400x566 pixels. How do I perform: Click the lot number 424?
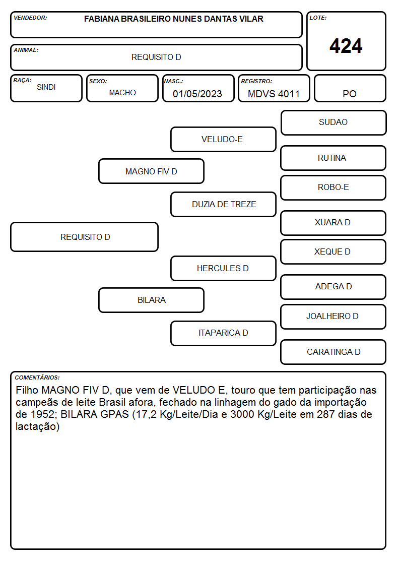tap(346, 46)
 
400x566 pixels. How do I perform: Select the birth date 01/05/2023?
tap(197, 94)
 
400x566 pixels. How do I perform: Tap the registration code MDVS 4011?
tap(274, 94)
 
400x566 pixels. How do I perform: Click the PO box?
tap(350, 88)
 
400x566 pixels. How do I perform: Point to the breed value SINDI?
tap(46, 87)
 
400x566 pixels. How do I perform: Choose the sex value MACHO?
tap(122, 93)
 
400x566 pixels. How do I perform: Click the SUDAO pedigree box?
tap(334, 123)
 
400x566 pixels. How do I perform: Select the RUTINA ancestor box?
tap(334, 158)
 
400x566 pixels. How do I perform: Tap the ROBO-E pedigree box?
tap(334, 187)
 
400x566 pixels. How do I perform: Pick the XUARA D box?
tap(334, 223)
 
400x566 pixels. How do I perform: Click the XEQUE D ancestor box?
tap(334, 252)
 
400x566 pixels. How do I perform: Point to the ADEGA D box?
tap(334, 287)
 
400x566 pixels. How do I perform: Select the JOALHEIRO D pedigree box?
tap(334, 317)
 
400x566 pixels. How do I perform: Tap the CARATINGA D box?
tap(334, 352)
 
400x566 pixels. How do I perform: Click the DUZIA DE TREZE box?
tap(224, 204)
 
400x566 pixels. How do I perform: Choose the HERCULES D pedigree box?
tap(224, 268)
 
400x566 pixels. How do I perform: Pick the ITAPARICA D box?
tap(224, 333)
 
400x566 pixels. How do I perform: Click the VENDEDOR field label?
tap(30, 18)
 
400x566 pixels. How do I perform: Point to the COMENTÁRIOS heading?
tap(37, 378)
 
